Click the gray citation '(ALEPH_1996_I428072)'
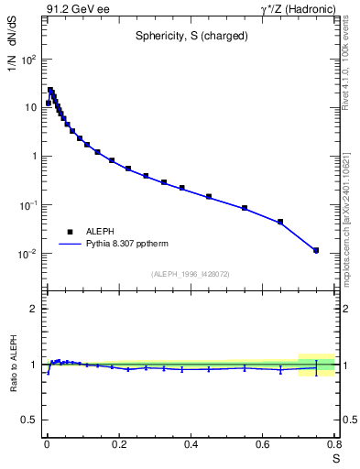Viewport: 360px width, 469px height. coord(190,274)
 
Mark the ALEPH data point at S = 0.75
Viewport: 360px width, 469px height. coord(316,250)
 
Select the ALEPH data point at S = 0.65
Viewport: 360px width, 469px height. coord(280,222)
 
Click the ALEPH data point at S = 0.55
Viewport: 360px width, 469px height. coord(245,208)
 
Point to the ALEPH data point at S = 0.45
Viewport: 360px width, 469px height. coord(209,196)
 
